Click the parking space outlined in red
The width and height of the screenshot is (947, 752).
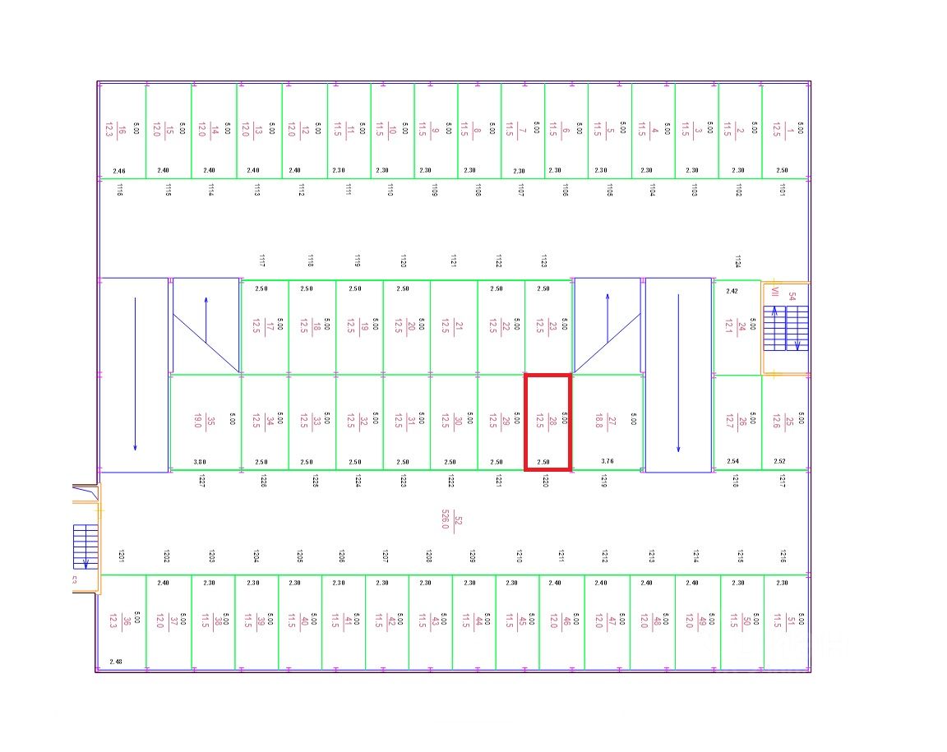click(547, 422)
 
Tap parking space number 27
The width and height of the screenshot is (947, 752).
click(608, 422)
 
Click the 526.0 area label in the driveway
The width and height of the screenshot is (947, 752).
click(446, 519)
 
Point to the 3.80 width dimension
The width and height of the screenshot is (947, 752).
click(199, 462)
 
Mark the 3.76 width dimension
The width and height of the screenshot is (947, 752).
click(607, 462)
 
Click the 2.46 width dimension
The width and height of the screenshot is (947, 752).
click(119, 171)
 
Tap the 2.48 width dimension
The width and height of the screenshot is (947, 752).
click(115, 662)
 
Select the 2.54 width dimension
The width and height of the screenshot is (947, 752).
click(733, 462)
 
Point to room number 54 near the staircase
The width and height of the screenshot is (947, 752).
click(792, 296)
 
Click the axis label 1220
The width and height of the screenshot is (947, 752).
click(545, 481)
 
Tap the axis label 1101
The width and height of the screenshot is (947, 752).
click(782, 190)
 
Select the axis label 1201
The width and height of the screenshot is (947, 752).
click(121, 556)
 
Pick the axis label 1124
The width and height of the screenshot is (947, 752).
click(737, 261)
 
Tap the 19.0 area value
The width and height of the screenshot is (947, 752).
click(197, 422)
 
